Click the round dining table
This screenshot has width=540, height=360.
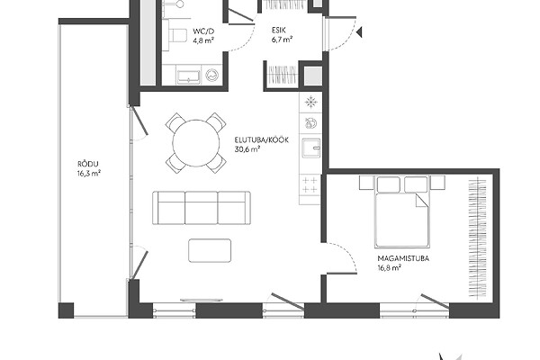click(196, 143)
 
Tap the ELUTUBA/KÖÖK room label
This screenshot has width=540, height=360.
click(261, 140)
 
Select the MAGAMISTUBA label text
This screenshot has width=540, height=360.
click(403, 258)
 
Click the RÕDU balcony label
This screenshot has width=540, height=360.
click(88, 164)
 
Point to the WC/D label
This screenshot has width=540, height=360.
click(203, 31)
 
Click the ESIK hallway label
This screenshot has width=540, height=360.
click(279, 30)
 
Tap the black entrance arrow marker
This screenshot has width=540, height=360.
click(359, 32)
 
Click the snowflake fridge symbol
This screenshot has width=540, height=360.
click(311, 102)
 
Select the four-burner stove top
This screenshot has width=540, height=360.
click(310, 184)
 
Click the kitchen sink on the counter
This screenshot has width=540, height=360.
click(311, 148)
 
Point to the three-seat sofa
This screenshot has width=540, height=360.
click(202, 208)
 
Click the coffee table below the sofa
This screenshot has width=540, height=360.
click(210, 250)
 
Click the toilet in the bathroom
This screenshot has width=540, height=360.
click(177, 35)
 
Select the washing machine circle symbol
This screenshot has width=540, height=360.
click(212, 75)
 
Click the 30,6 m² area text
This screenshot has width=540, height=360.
click(247, 149)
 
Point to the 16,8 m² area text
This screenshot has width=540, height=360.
click(389, 267)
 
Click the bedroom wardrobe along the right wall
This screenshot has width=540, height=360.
click(478, 238)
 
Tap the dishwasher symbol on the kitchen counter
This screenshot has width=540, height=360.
click(310, 123)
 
